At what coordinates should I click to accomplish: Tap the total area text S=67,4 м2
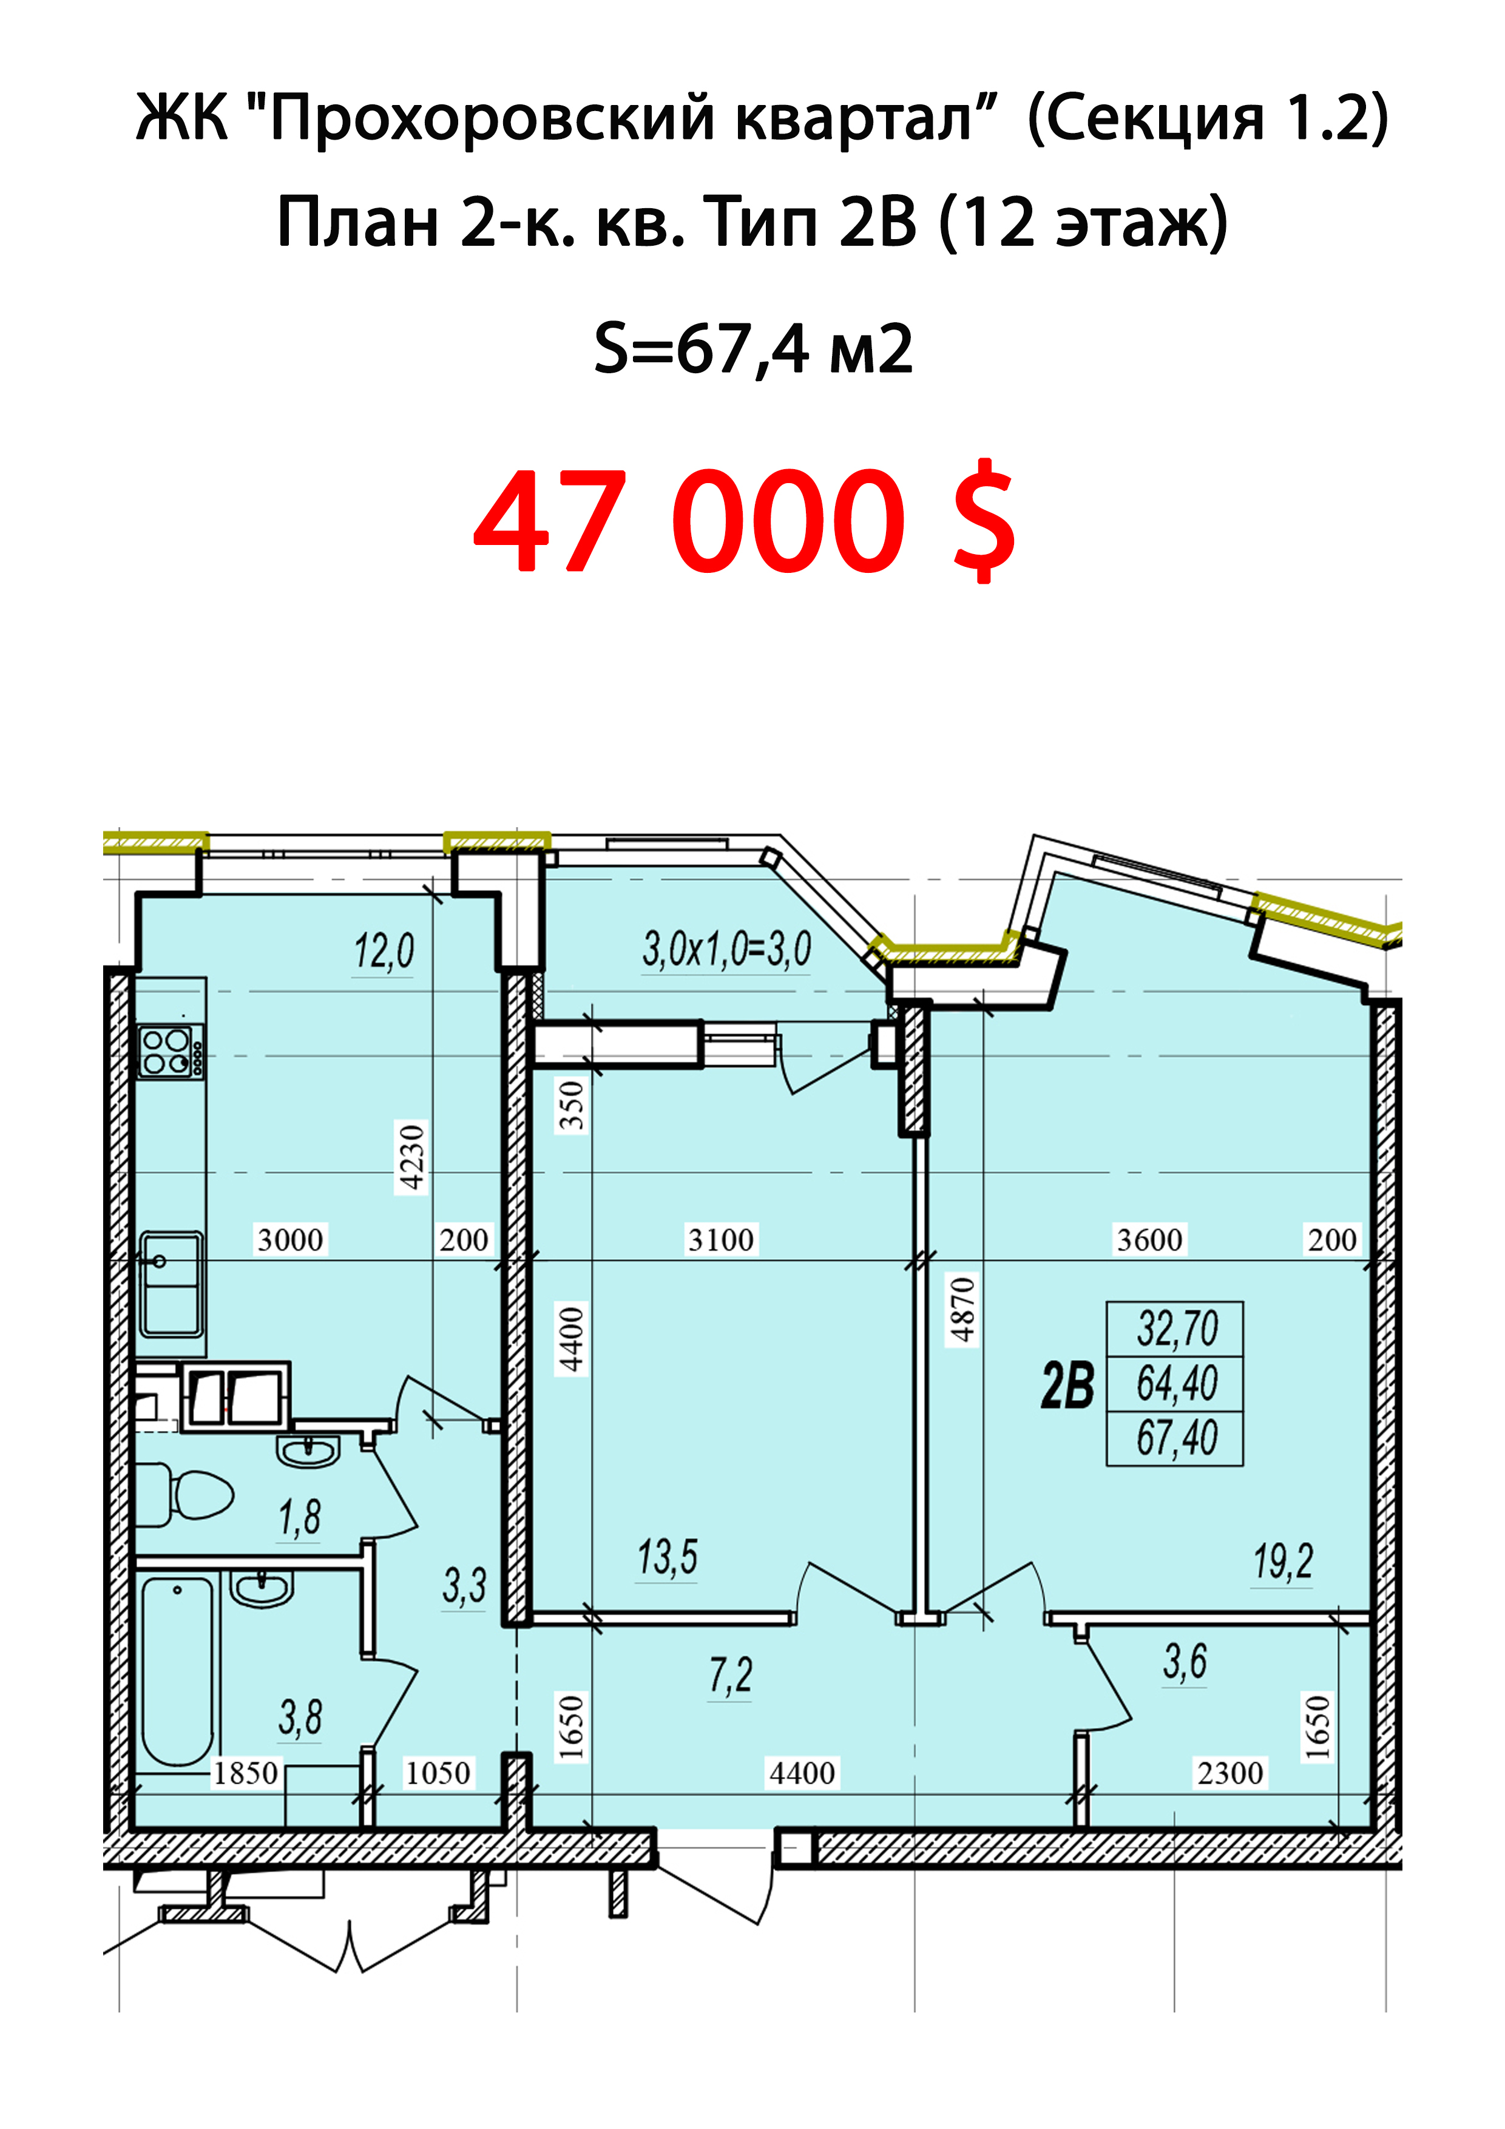pos(753,350)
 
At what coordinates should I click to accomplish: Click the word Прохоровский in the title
pos(492,120)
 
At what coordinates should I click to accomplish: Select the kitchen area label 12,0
pos(384,952)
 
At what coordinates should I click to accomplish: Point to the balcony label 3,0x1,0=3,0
pos(727,949)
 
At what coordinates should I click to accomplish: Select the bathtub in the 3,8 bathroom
pos(177,1671)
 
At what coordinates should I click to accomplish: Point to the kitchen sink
pos(172,1284)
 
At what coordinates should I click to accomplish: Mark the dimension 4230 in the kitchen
pos(411,1156)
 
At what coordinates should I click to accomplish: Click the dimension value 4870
pos(962,1309)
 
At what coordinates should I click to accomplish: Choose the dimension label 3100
pos(720,1240)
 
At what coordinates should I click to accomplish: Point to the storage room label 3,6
pos(1185,1660)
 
